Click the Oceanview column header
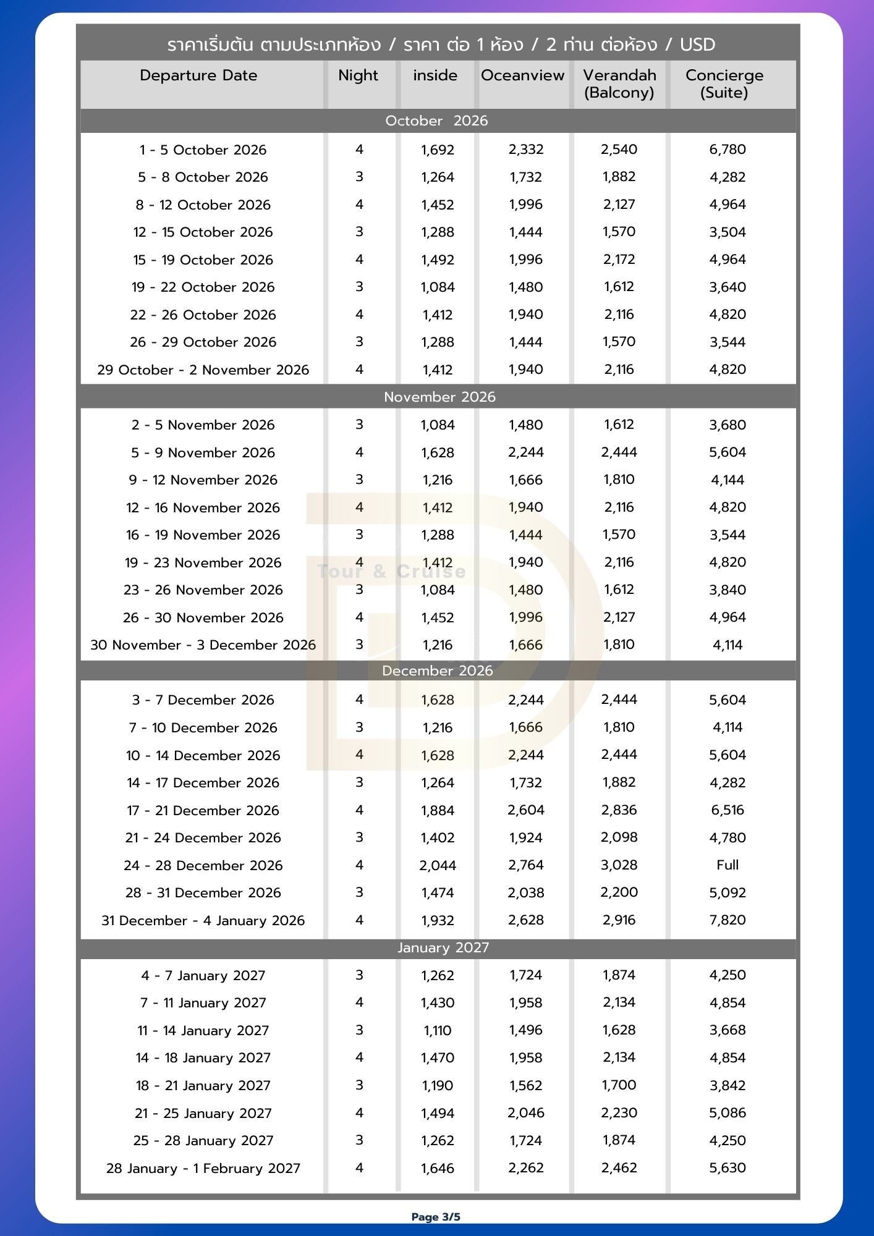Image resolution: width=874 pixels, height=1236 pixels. pos(522,75)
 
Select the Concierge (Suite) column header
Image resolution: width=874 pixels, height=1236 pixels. pos(724,84)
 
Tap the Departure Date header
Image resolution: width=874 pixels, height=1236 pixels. pos(198,75)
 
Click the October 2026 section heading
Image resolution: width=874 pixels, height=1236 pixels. pos(436,121)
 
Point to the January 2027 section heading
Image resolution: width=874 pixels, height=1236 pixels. pos(443,947)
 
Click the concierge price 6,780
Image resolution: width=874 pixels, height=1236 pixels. pos(728,150)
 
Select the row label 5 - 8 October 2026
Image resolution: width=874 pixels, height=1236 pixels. pos(203,177)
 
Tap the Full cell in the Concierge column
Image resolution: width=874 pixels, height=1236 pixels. pos(728,865)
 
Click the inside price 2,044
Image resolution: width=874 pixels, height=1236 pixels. pos(437,865)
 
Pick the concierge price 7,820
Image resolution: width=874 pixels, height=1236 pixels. pos(728,920)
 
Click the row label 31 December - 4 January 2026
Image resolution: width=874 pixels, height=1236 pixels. pos(203,920)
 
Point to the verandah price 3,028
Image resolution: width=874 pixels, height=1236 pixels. pos(619,865)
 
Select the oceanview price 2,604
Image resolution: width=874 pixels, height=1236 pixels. pos(525,810)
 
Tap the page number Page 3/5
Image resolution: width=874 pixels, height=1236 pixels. pos(436,1217)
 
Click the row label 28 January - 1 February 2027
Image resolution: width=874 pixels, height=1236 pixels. pos(203,1168)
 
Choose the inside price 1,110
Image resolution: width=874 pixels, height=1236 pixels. pos(437,1030)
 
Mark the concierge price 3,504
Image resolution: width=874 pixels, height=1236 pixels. pos(728,232)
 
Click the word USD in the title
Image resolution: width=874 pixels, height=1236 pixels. pos(697,44)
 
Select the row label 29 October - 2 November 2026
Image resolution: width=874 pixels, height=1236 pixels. pos(203,370)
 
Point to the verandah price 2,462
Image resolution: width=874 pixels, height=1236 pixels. pos(619,1167)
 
